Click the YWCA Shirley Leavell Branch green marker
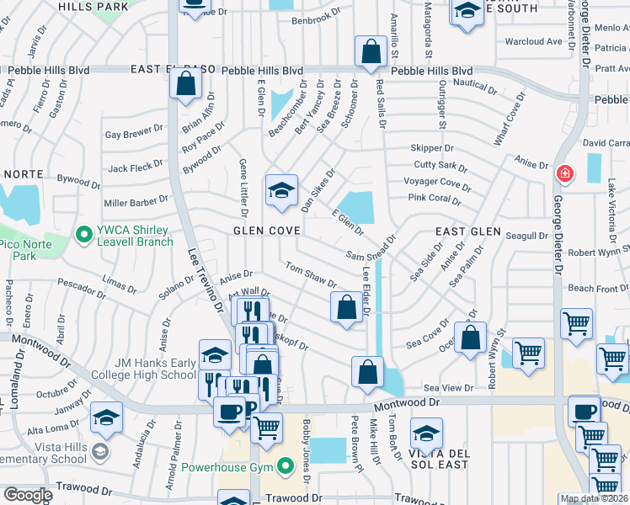(83, 233)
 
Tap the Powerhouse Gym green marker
(287, 465)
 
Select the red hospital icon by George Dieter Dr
(564, 174)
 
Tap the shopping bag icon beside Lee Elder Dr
(345, 307)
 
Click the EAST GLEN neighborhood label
(467, 231)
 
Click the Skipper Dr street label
(432, 148)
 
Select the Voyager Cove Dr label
(437, 183)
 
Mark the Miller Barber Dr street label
(136, 202)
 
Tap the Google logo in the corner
(28, 495)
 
